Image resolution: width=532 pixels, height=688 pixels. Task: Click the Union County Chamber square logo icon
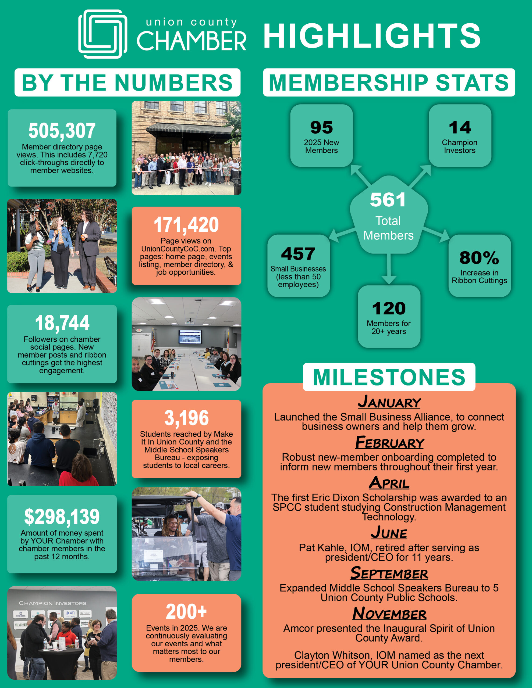(x=103, y=34)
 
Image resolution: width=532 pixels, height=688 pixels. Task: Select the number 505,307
(x=62, y=130)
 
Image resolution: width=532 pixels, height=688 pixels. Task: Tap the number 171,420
(x=186, y=225)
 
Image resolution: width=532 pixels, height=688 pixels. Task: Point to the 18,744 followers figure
(x=62, y=323)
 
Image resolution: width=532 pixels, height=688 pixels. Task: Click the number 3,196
(x=186, y=418)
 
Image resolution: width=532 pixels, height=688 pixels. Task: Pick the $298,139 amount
(x=62, y=517)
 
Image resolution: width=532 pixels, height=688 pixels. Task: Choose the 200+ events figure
(x=186, y=611)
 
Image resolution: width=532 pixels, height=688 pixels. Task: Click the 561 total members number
(x=388, y=200)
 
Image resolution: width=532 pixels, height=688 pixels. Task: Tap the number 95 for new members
(x=321, y=128)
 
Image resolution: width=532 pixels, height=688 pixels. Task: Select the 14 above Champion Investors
(x=460, y=128)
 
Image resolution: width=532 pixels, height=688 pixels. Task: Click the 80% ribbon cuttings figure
(x=479, y=258)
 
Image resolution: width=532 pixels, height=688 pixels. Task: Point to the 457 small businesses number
(x=298, y=254)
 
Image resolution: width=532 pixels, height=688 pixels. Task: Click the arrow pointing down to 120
(x=389, y=271)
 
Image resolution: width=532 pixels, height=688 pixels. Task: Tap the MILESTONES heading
(x=389, y=377)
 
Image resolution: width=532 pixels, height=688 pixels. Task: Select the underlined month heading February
(x=389, y=443)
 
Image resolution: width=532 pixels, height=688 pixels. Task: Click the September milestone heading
(x=389, y=573)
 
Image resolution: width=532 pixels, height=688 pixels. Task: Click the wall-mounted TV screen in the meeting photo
(x=190, y=337)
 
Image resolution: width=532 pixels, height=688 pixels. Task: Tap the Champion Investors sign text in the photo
(x=52, y=603)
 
